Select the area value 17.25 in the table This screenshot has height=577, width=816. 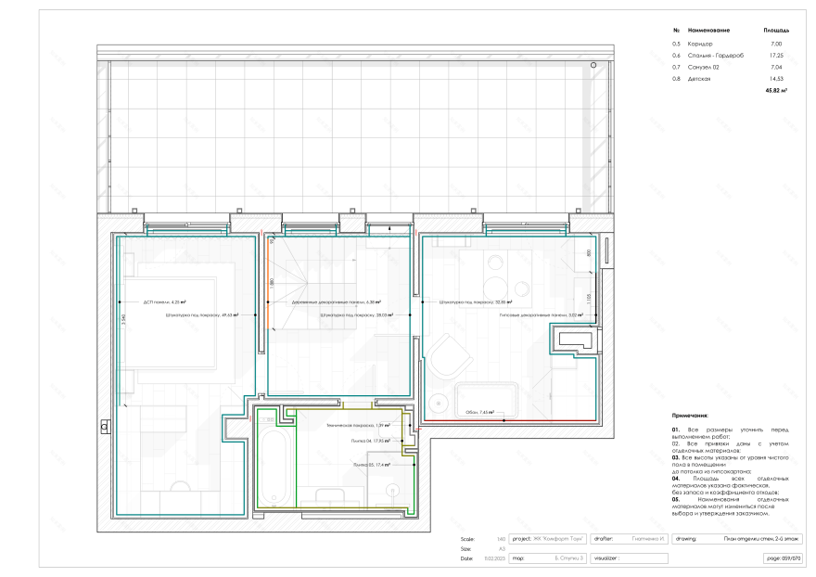(776, 56)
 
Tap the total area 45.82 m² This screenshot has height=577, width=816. (775, 91)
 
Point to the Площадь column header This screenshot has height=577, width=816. (775, 31)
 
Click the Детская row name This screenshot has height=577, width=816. (699, 79)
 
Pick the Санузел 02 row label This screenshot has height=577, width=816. (703, 68)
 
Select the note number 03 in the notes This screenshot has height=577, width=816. (675, 457)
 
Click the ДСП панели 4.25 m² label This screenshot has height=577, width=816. (165, 301)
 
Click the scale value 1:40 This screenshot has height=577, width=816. (501, 538)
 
